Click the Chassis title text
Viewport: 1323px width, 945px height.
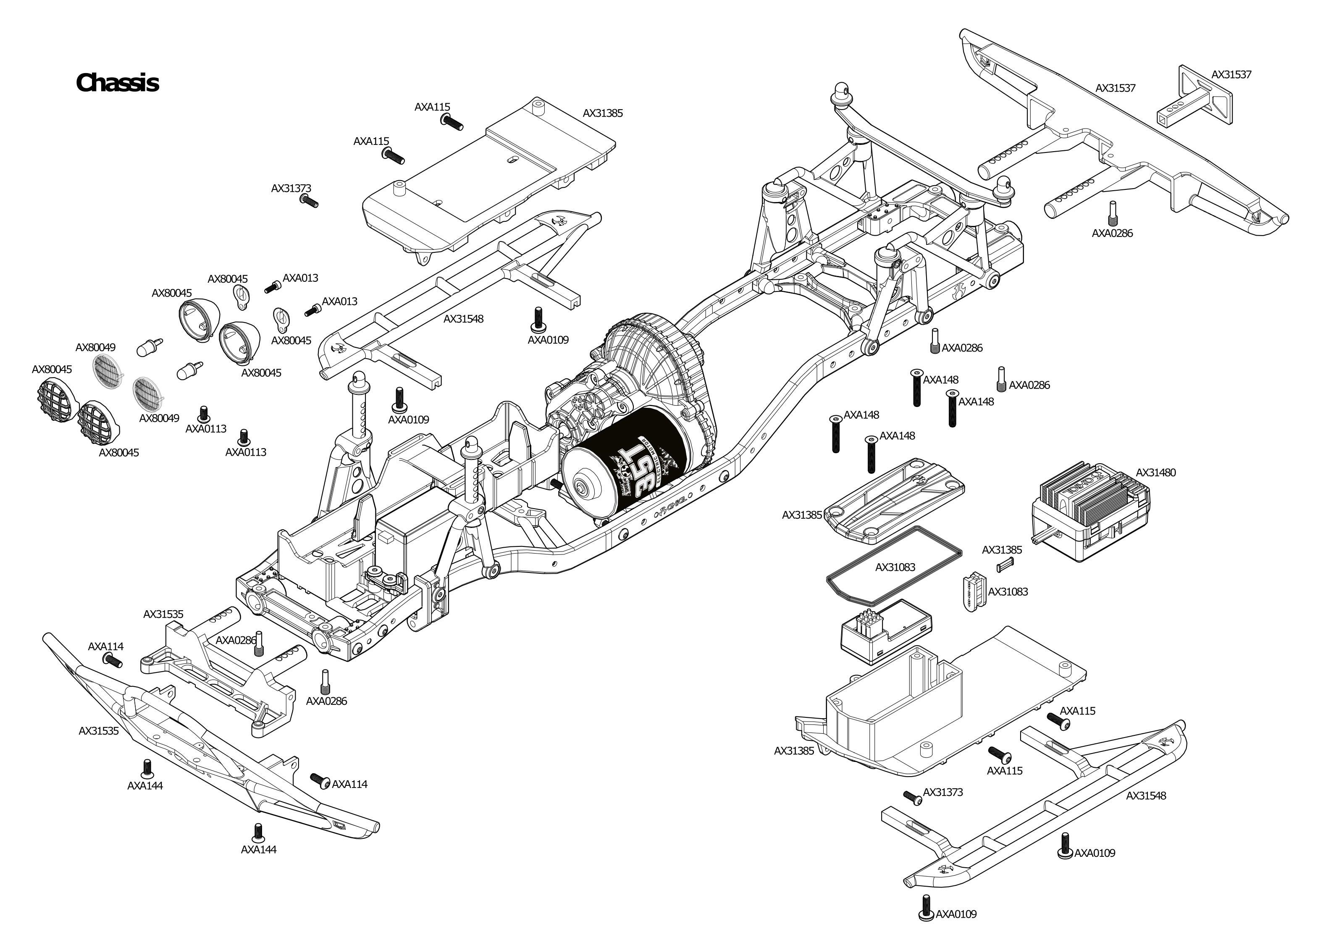tap(117, 83)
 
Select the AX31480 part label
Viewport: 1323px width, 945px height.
tap(1155, 472)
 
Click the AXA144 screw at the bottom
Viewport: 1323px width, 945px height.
tap(258, 831)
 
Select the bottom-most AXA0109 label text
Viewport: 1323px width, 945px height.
tap(955, 914)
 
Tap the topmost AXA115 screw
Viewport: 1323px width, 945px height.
tap(451, 122)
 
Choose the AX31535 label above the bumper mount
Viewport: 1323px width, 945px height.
tap(163, 614)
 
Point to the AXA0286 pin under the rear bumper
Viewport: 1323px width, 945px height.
tap(1112, 212)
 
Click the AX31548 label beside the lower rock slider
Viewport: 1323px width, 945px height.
tap(1146, 795)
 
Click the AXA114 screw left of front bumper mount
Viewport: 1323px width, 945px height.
tap(112, 660)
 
